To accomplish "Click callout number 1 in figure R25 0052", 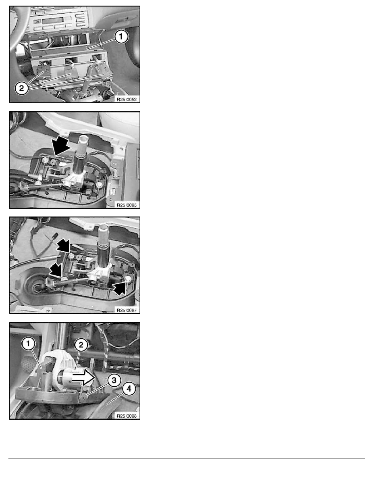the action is (121, 37).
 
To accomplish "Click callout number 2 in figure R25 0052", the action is (21, 88).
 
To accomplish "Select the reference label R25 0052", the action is (127, 99).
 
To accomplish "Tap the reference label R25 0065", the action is (127, 205).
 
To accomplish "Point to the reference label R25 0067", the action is (127, 310).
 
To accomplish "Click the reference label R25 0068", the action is (127, 416).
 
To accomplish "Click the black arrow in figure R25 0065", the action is (61, 145).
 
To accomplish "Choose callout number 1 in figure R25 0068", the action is (28, 344).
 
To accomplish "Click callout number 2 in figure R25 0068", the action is (81, 345).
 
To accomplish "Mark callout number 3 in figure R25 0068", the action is (114, 381).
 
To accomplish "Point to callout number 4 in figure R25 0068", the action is (129, 389).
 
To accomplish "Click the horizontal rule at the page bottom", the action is (187, 458).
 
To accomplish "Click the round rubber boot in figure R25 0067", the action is (36, 287).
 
